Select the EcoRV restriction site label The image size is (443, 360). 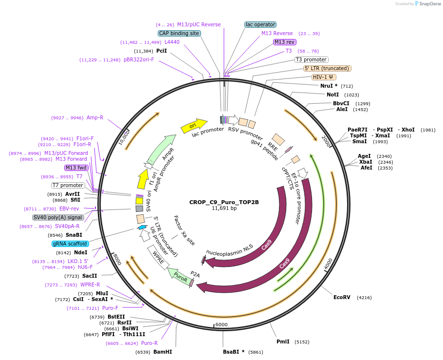342,297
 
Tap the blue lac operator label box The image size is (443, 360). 260,24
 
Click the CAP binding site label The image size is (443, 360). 179,33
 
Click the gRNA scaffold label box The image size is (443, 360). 70,244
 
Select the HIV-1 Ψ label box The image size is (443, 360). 324,77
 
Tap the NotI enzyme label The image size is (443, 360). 333,95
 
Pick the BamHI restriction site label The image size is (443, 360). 163,352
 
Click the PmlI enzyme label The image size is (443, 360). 283,342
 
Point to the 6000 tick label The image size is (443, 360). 221,324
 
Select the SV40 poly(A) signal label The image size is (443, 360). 58,217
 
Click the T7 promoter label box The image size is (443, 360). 68,185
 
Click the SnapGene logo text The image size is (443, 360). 428,4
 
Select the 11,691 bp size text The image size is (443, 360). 224,208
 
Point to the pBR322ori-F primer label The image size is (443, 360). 139,60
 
